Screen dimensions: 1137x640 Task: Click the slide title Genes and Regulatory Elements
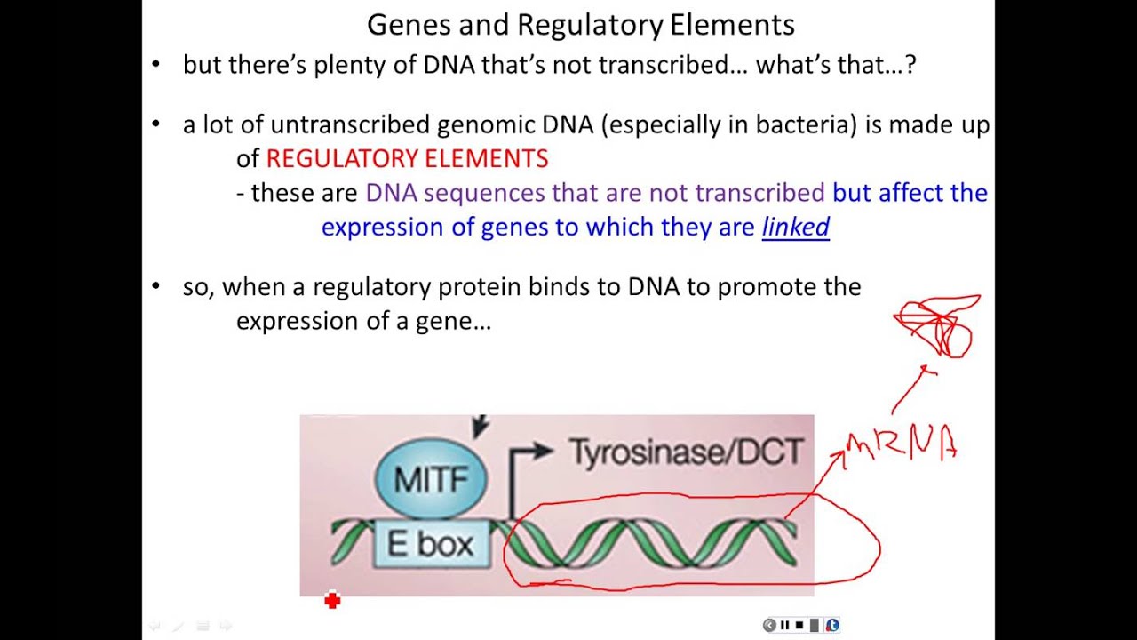(x=580, y=24)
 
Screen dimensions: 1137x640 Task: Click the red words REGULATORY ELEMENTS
(x=407, y=159)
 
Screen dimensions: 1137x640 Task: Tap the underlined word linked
(x=795, y=228)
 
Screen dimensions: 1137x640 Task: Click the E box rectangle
(x=431, y=544)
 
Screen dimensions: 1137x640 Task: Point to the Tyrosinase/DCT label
(x=686, y=452)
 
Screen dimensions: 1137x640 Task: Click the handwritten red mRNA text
(x=902, y=444)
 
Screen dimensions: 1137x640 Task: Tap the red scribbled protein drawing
(x=940, y=327)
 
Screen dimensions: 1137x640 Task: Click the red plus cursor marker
(x=332, y=602)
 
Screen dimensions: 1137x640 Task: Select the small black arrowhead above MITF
(x=481, y=428)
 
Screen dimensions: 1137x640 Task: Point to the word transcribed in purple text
(x=759, y=193)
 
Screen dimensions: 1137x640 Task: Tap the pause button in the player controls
(x=784, y=626)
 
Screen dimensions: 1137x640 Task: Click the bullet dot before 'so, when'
(x=157, y=286)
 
